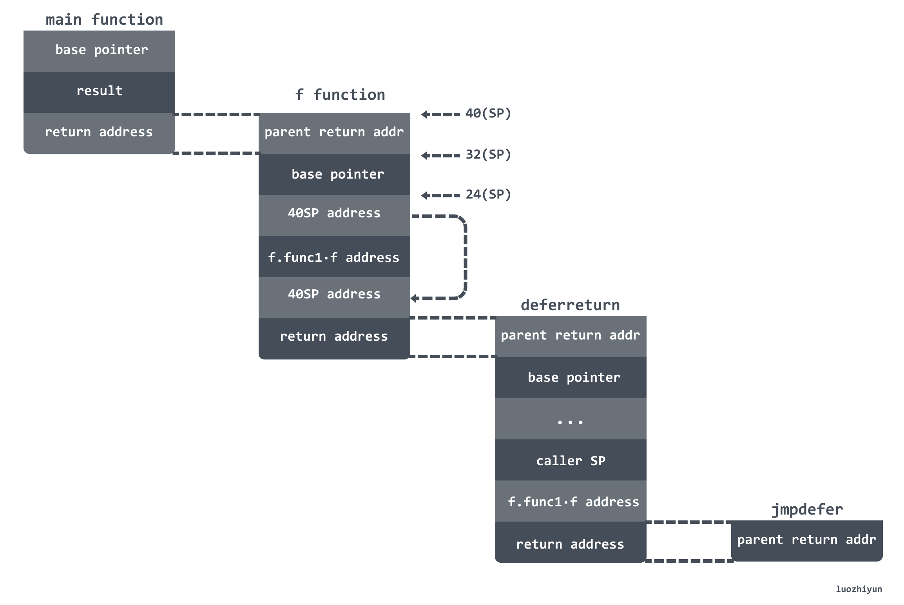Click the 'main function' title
[104, 20]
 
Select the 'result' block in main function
[99, 92]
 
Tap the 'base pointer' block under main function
[99, 51]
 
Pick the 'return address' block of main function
[99, 133]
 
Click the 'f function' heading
[340, 95]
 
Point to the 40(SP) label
[488, 114]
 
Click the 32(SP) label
[488, 155]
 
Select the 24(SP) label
[488, 195]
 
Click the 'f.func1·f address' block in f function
[334, 256]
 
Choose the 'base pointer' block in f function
[334, 174]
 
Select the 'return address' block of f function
[334, 339]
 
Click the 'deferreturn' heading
[570, 305]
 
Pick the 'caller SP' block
[571, 460]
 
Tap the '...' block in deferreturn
[571, 419]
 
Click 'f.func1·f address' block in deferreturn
[571, 501]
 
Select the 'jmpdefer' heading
[807, 510]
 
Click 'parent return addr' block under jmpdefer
[807, 541]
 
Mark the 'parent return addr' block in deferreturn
[571, 336]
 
